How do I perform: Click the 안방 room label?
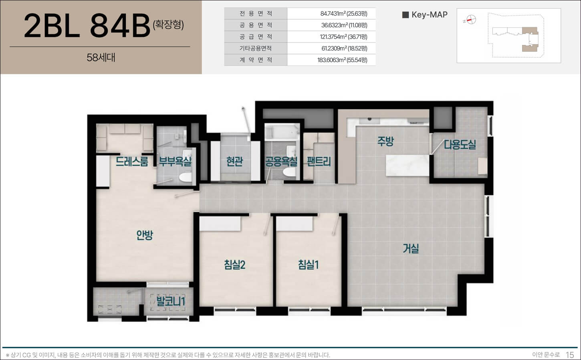pos(145,235)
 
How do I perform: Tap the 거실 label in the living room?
pos(411,249)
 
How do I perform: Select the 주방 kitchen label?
pos(385,141)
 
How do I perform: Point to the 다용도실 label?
pos(460,145)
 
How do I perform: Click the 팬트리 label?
pos(319,162)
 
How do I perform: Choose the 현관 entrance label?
pos(234,162)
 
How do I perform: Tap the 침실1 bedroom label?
pos(308,265)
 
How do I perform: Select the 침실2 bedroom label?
pos(235,265)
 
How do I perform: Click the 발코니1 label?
pos(170,301)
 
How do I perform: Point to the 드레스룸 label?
pos(132,162)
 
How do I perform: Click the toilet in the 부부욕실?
pos(185,177)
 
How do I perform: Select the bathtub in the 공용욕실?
pos(281,132)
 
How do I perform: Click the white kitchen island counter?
pos(408,166)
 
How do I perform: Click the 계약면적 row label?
pos(256,60)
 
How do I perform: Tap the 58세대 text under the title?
pos(101,58)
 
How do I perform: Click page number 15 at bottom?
pos(570,355)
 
